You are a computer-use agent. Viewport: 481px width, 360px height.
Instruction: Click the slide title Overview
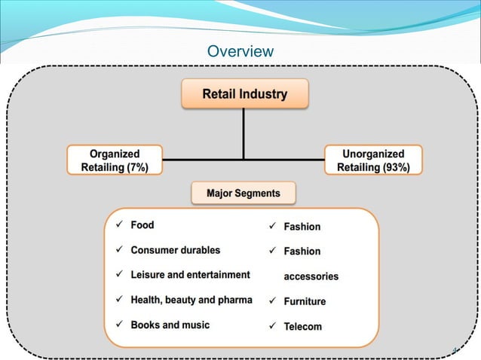pos(240,51)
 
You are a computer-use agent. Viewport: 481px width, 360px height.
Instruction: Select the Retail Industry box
pos(244,95)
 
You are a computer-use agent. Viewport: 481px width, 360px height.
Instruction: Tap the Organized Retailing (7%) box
pos(114,160)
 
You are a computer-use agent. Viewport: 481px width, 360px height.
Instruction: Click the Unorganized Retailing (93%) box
pos(373,160)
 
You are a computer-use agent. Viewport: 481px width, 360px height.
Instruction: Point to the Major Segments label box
pos(243,194)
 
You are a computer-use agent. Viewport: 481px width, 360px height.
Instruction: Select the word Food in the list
pos(142,224)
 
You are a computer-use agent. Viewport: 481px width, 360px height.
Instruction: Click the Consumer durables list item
pos(176,250)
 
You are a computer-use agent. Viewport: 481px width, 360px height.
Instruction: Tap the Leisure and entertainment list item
pos(190,275)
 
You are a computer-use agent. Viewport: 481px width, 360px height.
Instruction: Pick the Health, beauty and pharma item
pos(191,300)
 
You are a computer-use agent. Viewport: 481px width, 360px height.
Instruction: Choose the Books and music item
pos(170,325)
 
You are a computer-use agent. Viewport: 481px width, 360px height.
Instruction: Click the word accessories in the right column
pos(311,276)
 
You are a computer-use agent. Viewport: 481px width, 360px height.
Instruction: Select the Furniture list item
pos(305,301)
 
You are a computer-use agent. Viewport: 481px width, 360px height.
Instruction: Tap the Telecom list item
pos(302,327)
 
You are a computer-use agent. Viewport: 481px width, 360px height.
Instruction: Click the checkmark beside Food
pos(118,224)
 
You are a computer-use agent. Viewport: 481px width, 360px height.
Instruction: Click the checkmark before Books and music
pos(118,325)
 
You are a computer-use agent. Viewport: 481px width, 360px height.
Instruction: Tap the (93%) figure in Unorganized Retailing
pos(395,167)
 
